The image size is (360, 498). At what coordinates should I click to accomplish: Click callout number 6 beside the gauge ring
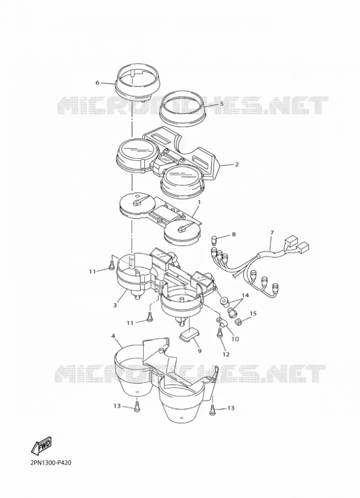tap(97, 83)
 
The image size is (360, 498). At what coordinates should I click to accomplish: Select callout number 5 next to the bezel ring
tap(222, 103)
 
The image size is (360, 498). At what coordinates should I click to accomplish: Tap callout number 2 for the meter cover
tap(237, 164)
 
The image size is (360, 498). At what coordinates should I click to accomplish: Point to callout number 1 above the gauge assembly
tap(199, 202)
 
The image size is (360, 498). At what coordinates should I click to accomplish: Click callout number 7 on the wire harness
tap(272, 233)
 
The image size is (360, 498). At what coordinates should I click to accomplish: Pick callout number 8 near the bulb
tap(234, 235)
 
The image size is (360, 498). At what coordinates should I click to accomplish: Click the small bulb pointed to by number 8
tap(215, 238)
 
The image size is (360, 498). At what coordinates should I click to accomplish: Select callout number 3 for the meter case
tap(115, 305)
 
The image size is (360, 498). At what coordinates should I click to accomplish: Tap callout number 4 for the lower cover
tap(113, 336)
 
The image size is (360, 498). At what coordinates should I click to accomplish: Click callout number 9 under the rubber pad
tap(200, 351)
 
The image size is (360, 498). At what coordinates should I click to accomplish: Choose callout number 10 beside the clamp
tap(235, 339)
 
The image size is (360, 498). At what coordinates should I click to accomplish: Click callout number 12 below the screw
tap(226, 354)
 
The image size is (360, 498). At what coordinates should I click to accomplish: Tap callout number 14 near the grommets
tap(245, 295)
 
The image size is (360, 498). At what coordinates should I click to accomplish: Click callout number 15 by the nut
tap(253, 314)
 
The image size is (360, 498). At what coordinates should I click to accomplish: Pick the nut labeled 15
tap(237, 323)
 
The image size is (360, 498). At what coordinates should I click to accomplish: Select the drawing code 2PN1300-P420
tap(51, 463)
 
